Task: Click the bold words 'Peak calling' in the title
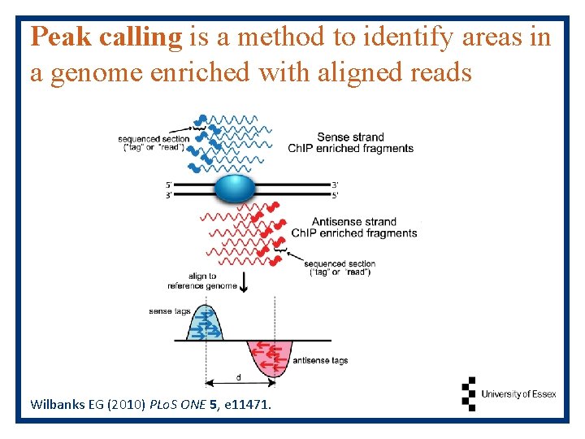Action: coord(106,37)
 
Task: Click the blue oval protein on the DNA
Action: coord(235,189)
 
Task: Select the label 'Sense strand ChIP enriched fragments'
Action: coord(350,142)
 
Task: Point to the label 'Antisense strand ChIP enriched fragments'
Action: coord(353,227)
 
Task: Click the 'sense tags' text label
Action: coord(169,311)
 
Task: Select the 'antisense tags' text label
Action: coord(320,360)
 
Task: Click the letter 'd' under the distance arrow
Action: coord(238,377)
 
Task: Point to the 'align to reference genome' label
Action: coord(202,281)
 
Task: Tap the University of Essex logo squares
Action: coord(468,393)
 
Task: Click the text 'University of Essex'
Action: coord(518,394)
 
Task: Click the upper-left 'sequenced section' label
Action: coord(154,143)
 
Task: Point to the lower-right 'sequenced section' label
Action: coord(340,267)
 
